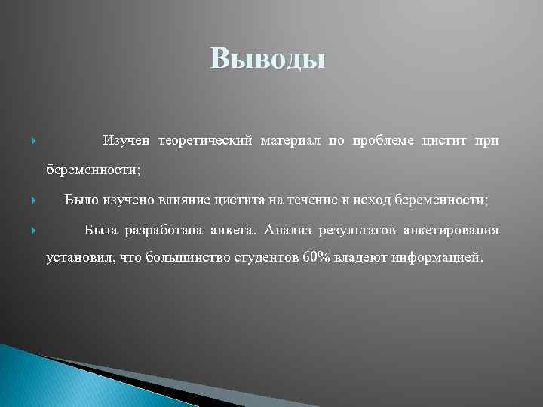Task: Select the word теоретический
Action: coord(206,140)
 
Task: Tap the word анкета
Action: coord(232,229)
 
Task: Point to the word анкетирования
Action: coord(451,229)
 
